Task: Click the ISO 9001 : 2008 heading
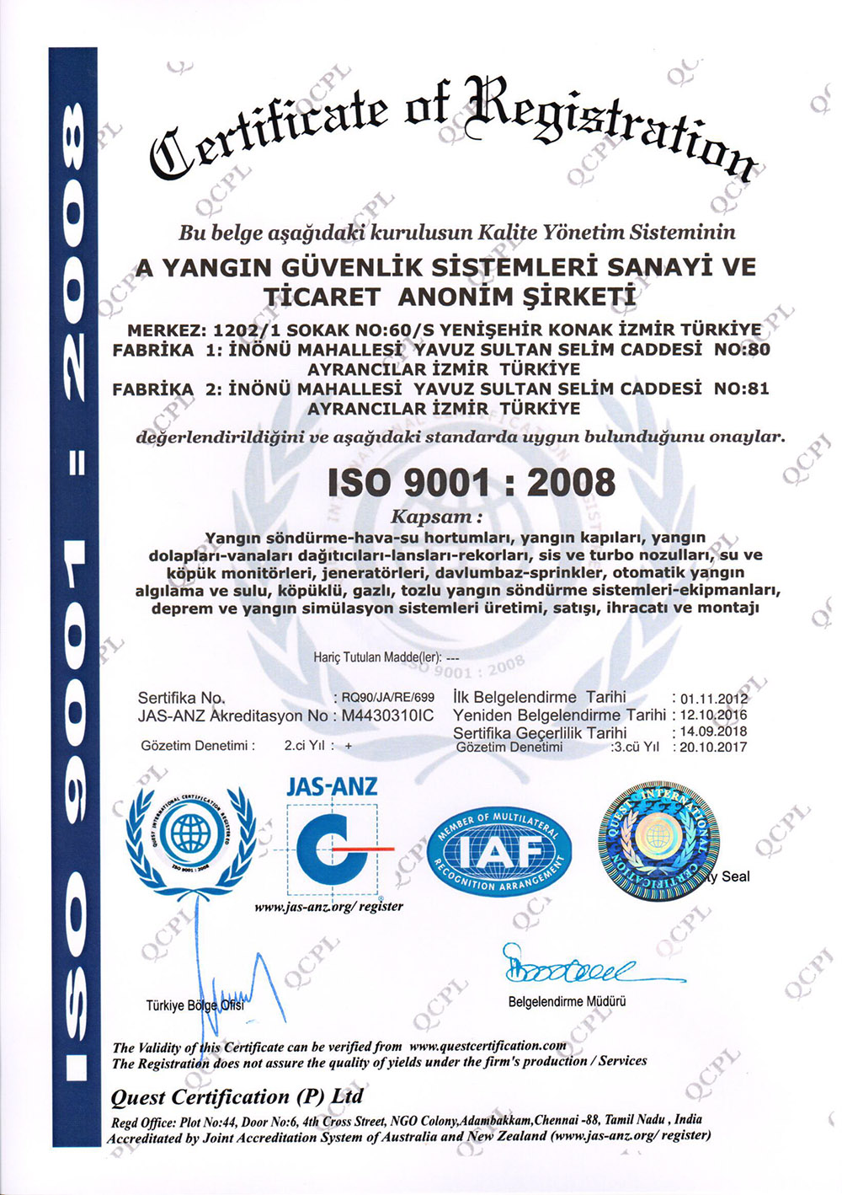tap(471, 483)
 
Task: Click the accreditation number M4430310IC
tap(387, 715)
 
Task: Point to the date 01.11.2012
tap(713, 699)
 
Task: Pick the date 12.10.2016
tap(713, 715)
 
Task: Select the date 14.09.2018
tap(713, 731)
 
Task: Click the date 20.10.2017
tap(713, 747)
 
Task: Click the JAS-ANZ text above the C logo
tap(332, 786)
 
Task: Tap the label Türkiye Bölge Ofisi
tap(195, 1005)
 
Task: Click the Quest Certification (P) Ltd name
tap(237, 1096)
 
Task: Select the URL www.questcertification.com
tap(488, 1046)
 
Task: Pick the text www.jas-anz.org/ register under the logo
tap(328, 907)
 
